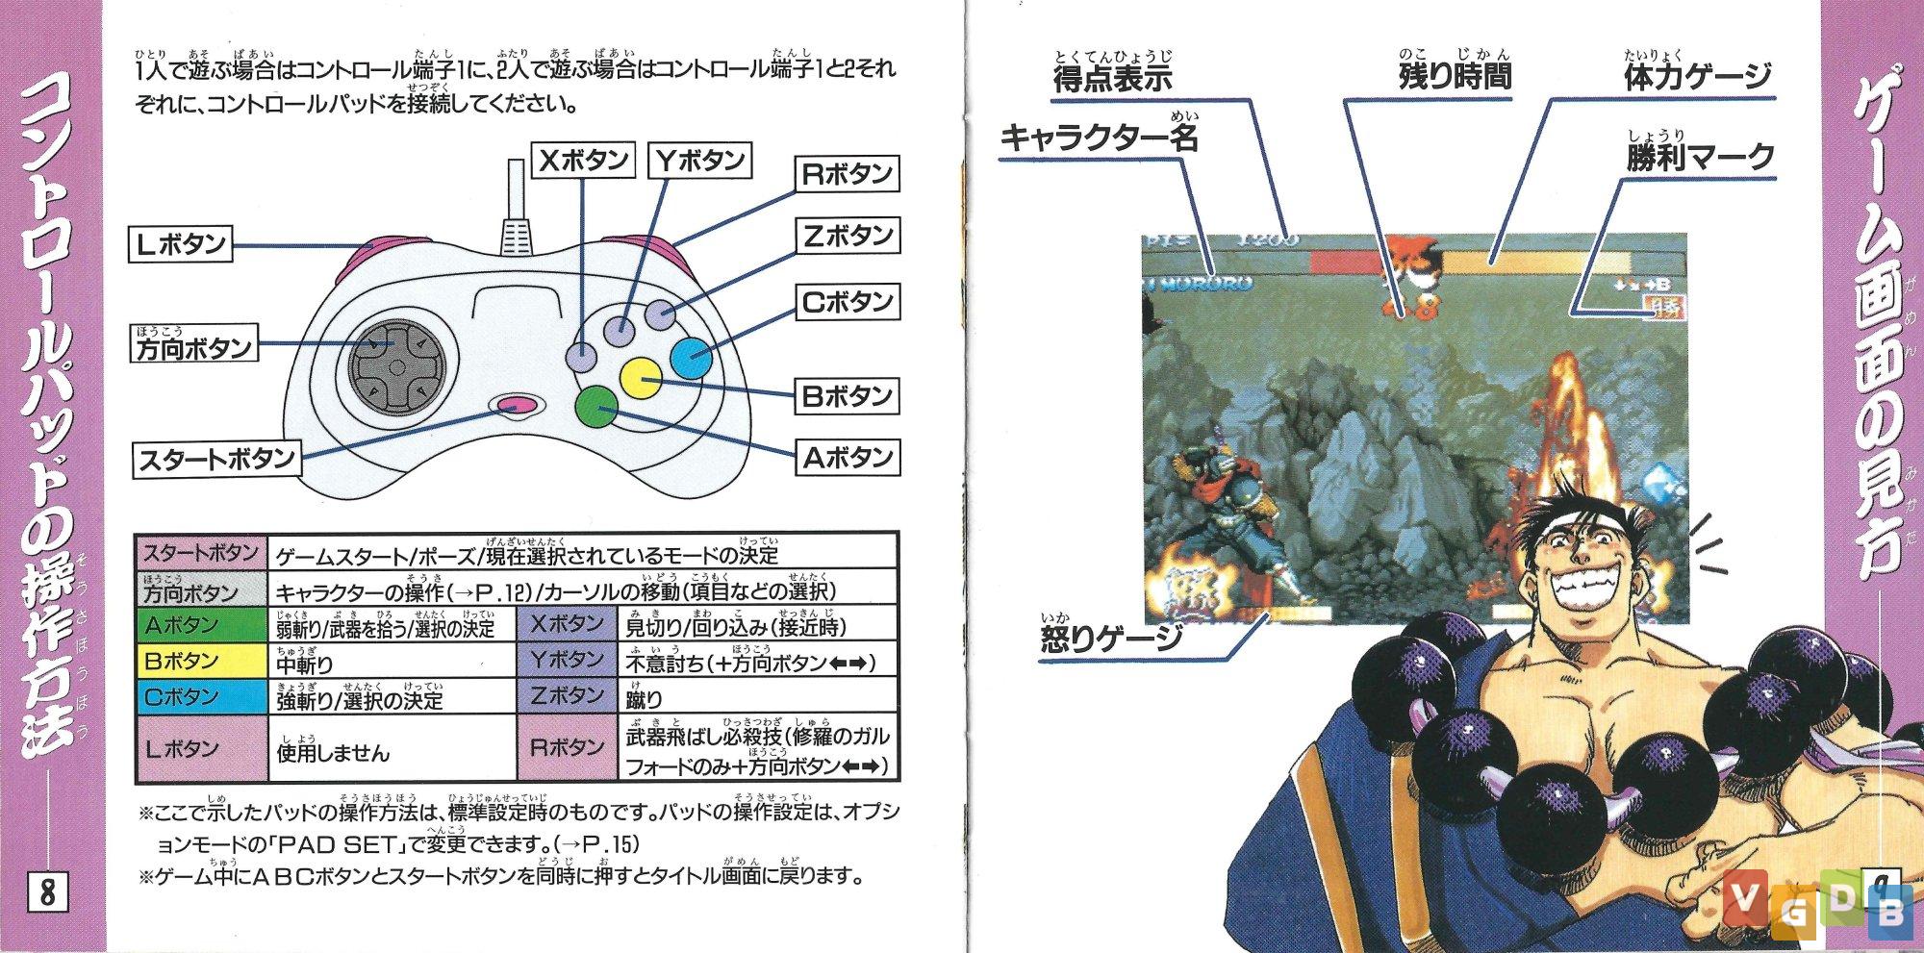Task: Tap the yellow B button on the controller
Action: click(640, 378)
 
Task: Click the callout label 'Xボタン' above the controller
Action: click(583, 160)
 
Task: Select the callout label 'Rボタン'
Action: click(847, 174)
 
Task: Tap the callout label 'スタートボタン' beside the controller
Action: click(216, 459)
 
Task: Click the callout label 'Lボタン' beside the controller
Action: click(181, 244)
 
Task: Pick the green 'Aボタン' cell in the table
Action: click(200, 626)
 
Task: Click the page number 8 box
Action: click(47, 891)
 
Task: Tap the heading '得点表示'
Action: click(1113, 78)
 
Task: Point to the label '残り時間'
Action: click(1456, 76)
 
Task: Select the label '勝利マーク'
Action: click(1701, 157)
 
